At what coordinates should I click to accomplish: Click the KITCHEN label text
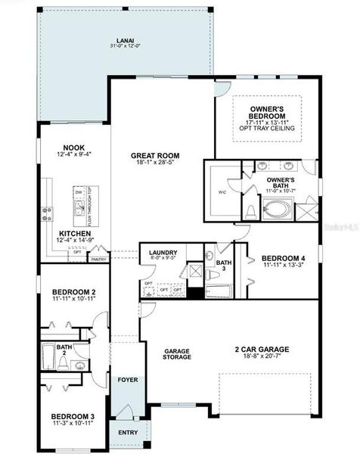coord(74,234)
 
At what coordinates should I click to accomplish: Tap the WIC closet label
coord(222,192)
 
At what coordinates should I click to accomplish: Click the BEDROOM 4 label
coord(282,258)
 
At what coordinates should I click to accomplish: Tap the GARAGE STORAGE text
coord(178,354)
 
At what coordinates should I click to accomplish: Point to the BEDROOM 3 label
coord(73,416)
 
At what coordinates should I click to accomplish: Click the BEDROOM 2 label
coord(73,292)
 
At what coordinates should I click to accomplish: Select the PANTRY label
coord(98,259)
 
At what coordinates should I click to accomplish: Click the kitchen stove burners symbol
coord(47,213)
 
